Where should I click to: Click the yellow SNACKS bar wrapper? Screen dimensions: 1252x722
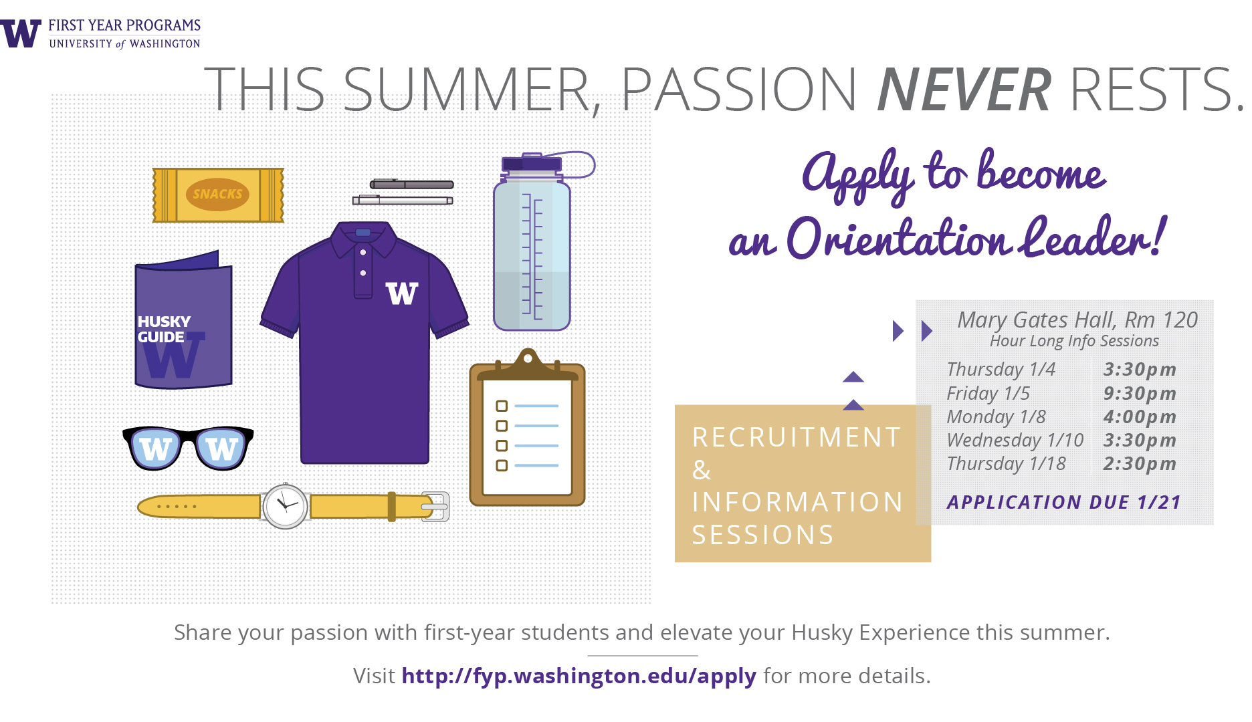(x=218, y=195)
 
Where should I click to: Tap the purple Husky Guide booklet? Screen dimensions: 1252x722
(x=183, y=321)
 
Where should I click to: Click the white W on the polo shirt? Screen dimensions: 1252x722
(x=402, y=293)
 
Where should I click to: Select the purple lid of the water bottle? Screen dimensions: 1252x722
(x=532, y=163)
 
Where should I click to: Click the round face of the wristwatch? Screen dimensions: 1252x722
(x=286, y=506)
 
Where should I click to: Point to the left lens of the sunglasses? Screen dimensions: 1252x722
(x=156, y=449)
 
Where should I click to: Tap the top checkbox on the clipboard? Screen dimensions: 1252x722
(x=502, y=406)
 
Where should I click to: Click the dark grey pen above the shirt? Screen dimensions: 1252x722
(x=412, y=185)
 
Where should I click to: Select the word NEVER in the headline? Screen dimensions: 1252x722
(x=964, y=90)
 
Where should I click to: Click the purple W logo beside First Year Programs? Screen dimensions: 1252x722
(x=21, y=33)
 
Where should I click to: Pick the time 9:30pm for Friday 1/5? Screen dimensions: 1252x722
(x=1140, y=393)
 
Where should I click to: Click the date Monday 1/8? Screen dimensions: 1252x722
(x=997, y=417)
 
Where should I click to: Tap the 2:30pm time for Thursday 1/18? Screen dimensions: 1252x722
(x=1140, y=463)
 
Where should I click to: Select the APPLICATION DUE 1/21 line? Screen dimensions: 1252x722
(x=1064, y=502)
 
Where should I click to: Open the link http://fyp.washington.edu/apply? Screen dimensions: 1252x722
(x=579, y=676)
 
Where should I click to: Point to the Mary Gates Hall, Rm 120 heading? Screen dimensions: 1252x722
(x=1077, y=320)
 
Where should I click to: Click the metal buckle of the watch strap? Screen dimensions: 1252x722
(x=436, y=507)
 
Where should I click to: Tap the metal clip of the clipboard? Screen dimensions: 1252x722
(x=528, y=364)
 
